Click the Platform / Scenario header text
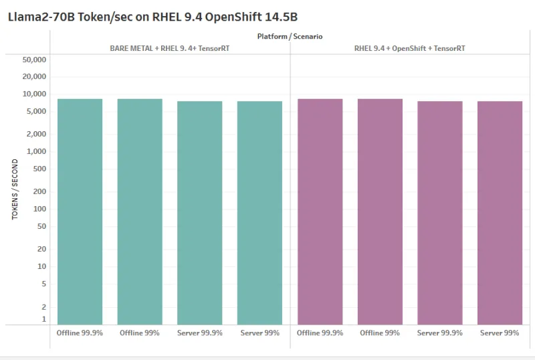pos(290,37)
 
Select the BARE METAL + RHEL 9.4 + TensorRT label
pos(170,48)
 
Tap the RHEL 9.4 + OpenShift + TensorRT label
pos(410,48)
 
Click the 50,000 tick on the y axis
pos(34,60)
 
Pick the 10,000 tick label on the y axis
pos(34,94)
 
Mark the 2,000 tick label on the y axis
pos(36,134)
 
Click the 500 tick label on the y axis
pos(39,169)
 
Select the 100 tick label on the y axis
pos(39,209)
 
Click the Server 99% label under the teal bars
pos(259,333)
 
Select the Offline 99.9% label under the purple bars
pos(320,333)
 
